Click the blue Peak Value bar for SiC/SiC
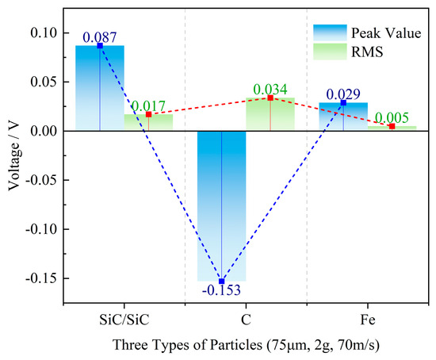tap(100, 88)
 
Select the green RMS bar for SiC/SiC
tap(148, 123)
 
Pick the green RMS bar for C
tap(270, 115)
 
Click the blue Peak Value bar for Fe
tap(343, 117)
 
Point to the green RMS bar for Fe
tap(392, 128)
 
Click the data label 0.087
tap(100, 36)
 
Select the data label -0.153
tap(221, 291)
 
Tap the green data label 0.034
tap(270, 89)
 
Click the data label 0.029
tap(343, 94)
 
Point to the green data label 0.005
tap(392, 117)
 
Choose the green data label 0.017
tap(148, 105)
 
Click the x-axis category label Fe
tap(367, 318)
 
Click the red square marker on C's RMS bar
tap(270, 98)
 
